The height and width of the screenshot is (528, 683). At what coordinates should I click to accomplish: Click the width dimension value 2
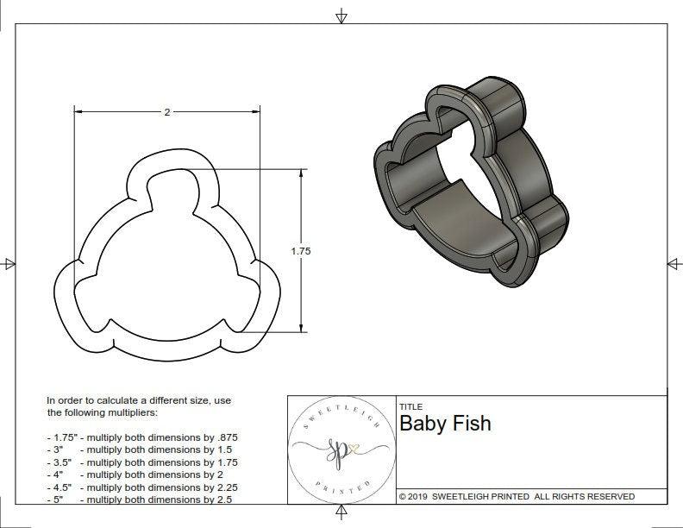point(166,112)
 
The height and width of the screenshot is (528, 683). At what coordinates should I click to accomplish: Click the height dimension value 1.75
point(300,251)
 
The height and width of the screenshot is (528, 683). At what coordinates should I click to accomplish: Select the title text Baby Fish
point(445,424)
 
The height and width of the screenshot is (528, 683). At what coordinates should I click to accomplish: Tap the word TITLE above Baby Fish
point(410,406)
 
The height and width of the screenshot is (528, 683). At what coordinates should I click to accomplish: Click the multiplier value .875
point(224,437)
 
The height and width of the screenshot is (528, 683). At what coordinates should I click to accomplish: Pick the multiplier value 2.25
point(219,487)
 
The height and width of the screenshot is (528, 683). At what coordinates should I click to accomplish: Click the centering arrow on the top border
point(341,16)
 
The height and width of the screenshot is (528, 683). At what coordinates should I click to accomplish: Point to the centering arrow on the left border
point(9,264)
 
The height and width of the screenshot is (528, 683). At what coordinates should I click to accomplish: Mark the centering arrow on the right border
point(674,264)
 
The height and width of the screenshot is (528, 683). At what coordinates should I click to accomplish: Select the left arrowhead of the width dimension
point(78,112)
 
